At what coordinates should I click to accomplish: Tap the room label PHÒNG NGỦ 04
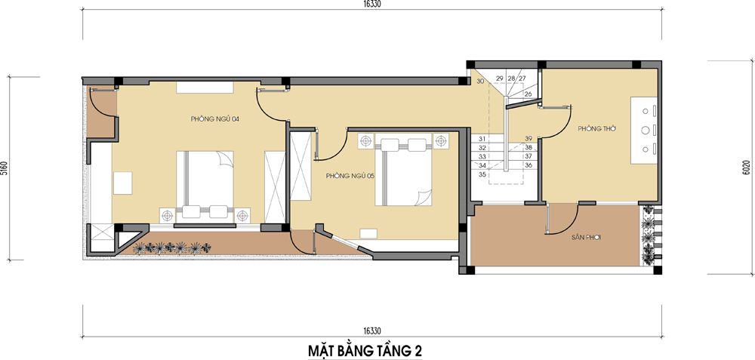coord(215,119)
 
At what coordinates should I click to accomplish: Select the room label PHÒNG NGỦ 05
coord(350,176)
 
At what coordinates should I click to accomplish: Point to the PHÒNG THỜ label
coord(597,129)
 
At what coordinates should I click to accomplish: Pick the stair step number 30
coord(479,81)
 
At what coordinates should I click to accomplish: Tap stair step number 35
coord(482,174)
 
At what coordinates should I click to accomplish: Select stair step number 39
coord(528,138)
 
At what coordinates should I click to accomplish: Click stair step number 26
coord(528,94)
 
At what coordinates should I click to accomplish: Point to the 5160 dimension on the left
coord(5,168)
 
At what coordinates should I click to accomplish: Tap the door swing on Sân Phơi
coord(560,220)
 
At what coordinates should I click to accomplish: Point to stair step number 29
coord(499,78)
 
